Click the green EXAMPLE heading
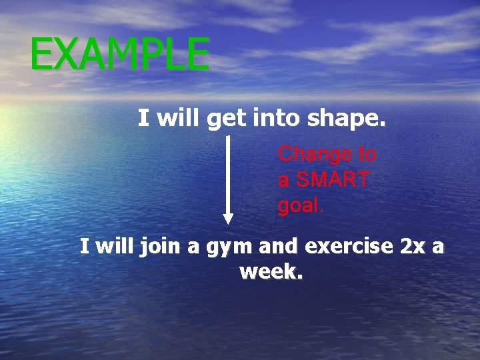tap(120, 54)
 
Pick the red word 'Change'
tap(315, 154)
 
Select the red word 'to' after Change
tap(367, 154)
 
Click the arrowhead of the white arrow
tap(228, 218)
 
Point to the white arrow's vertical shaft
tap(228, 173)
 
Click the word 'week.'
tap(270, 271)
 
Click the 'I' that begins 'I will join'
tap(84, 247)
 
